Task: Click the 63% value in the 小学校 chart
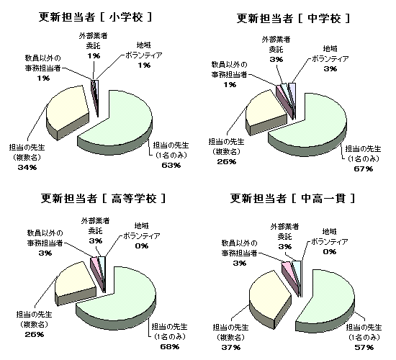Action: tap(171, 165)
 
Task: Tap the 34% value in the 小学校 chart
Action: tap(27, 167)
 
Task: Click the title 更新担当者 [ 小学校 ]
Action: tap(96, 17)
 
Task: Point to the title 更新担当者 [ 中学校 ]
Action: tap(294, 18)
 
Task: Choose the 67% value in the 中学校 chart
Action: tap(364, 168)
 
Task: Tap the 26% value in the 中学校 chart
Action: tap(227, 161)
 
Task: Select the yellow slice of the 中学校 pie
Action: tap(265, 109)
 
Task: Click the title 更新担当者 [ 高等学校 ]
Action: tap(103, 199)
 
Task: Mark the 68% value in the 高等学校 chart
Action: tap(170, 346)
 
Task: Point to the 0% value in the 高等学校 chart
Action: tap(141, 246)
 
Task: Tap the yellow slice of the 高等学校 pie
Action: tap(73, 280)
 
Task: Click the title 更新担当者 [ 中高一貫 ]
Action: tap(293, 199)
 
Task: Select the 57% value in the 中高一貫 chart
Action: tap(364, 347)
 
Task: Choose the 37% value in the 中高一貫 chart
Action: tap(231, 347)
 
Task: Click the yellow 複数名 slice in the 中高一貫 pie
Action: tap(269, 293)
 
